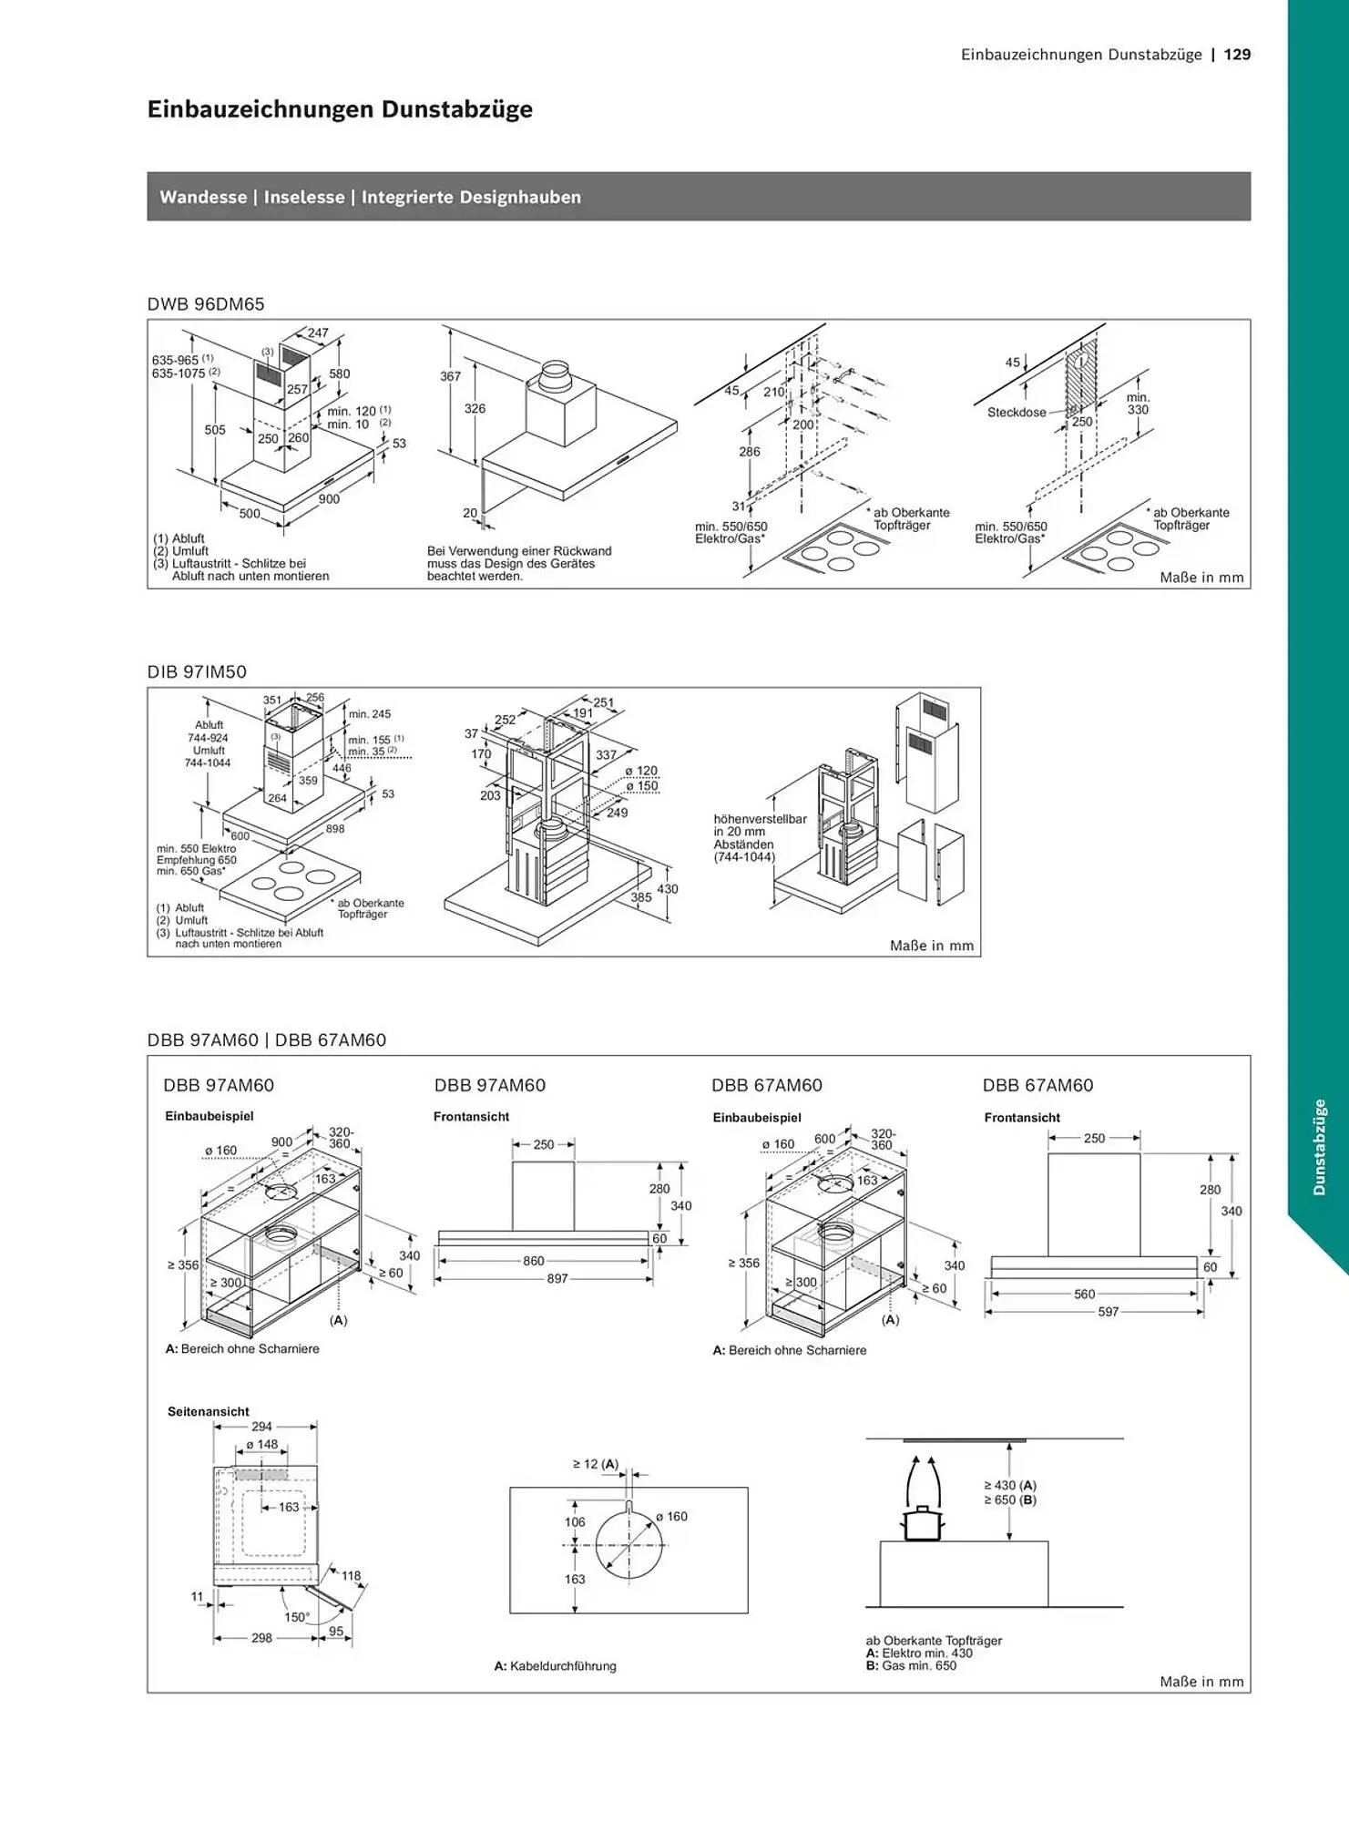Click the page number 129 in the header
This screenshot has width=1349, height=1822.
click(1237, 55)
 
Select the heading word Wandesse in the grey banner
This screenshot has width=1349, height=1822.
click(203, 197)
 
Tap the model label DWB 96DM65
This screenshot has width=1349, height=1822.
click(206, 304)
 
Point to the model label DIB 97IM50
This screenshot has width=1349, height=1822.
click(197, 672)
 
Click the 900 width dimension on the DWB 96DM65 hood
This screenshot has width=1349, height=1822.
click(329, 499)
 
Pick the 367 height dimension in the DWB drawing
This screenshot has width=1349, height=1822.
click(451, 376)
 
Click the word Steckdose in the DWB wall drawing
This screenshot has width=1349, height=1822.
click(1017, 413)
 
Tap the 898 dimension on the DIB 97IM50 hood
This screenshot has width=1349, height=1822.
click(335, 829)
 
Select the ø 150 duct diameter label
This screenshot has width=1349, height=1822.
click(641, 786)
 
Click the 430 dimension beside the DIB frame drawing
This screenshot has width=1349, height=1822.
click(668, 889)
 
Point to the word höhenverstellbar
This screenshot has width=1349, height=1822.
click(761, 819)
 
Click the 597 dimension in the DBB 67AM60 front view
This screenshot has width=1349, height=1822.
click(1108, 1312)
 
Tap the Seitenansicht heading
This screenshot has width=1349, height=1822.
click(209, 1411)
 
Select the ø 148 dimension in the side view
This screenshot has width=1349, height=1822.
click(262, 1445)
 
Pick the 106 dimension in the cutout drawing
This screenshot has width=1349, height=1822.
click(575, 1522)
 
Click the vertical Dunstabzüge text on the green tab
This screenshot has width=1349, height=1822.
click(1319, 1147)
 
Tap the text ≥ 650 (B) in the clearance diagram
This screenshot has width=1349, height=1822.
click(1010, 1500)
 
